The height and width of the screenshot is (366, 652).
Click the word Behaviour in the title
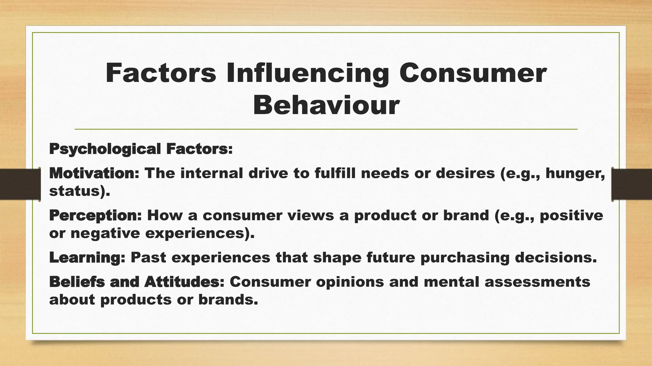click(326, 105)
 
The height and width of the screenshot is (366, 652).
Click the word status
click(74, 191)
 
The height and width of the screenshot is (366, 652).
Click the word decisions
click(556, 258)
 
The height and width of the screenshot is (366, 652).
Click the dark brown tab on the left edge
click(20, 184)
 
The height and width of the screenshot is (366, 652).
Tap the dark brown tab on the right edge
click(632, 184)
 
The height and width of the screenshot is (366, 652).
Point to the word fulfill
click(335, 173)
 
